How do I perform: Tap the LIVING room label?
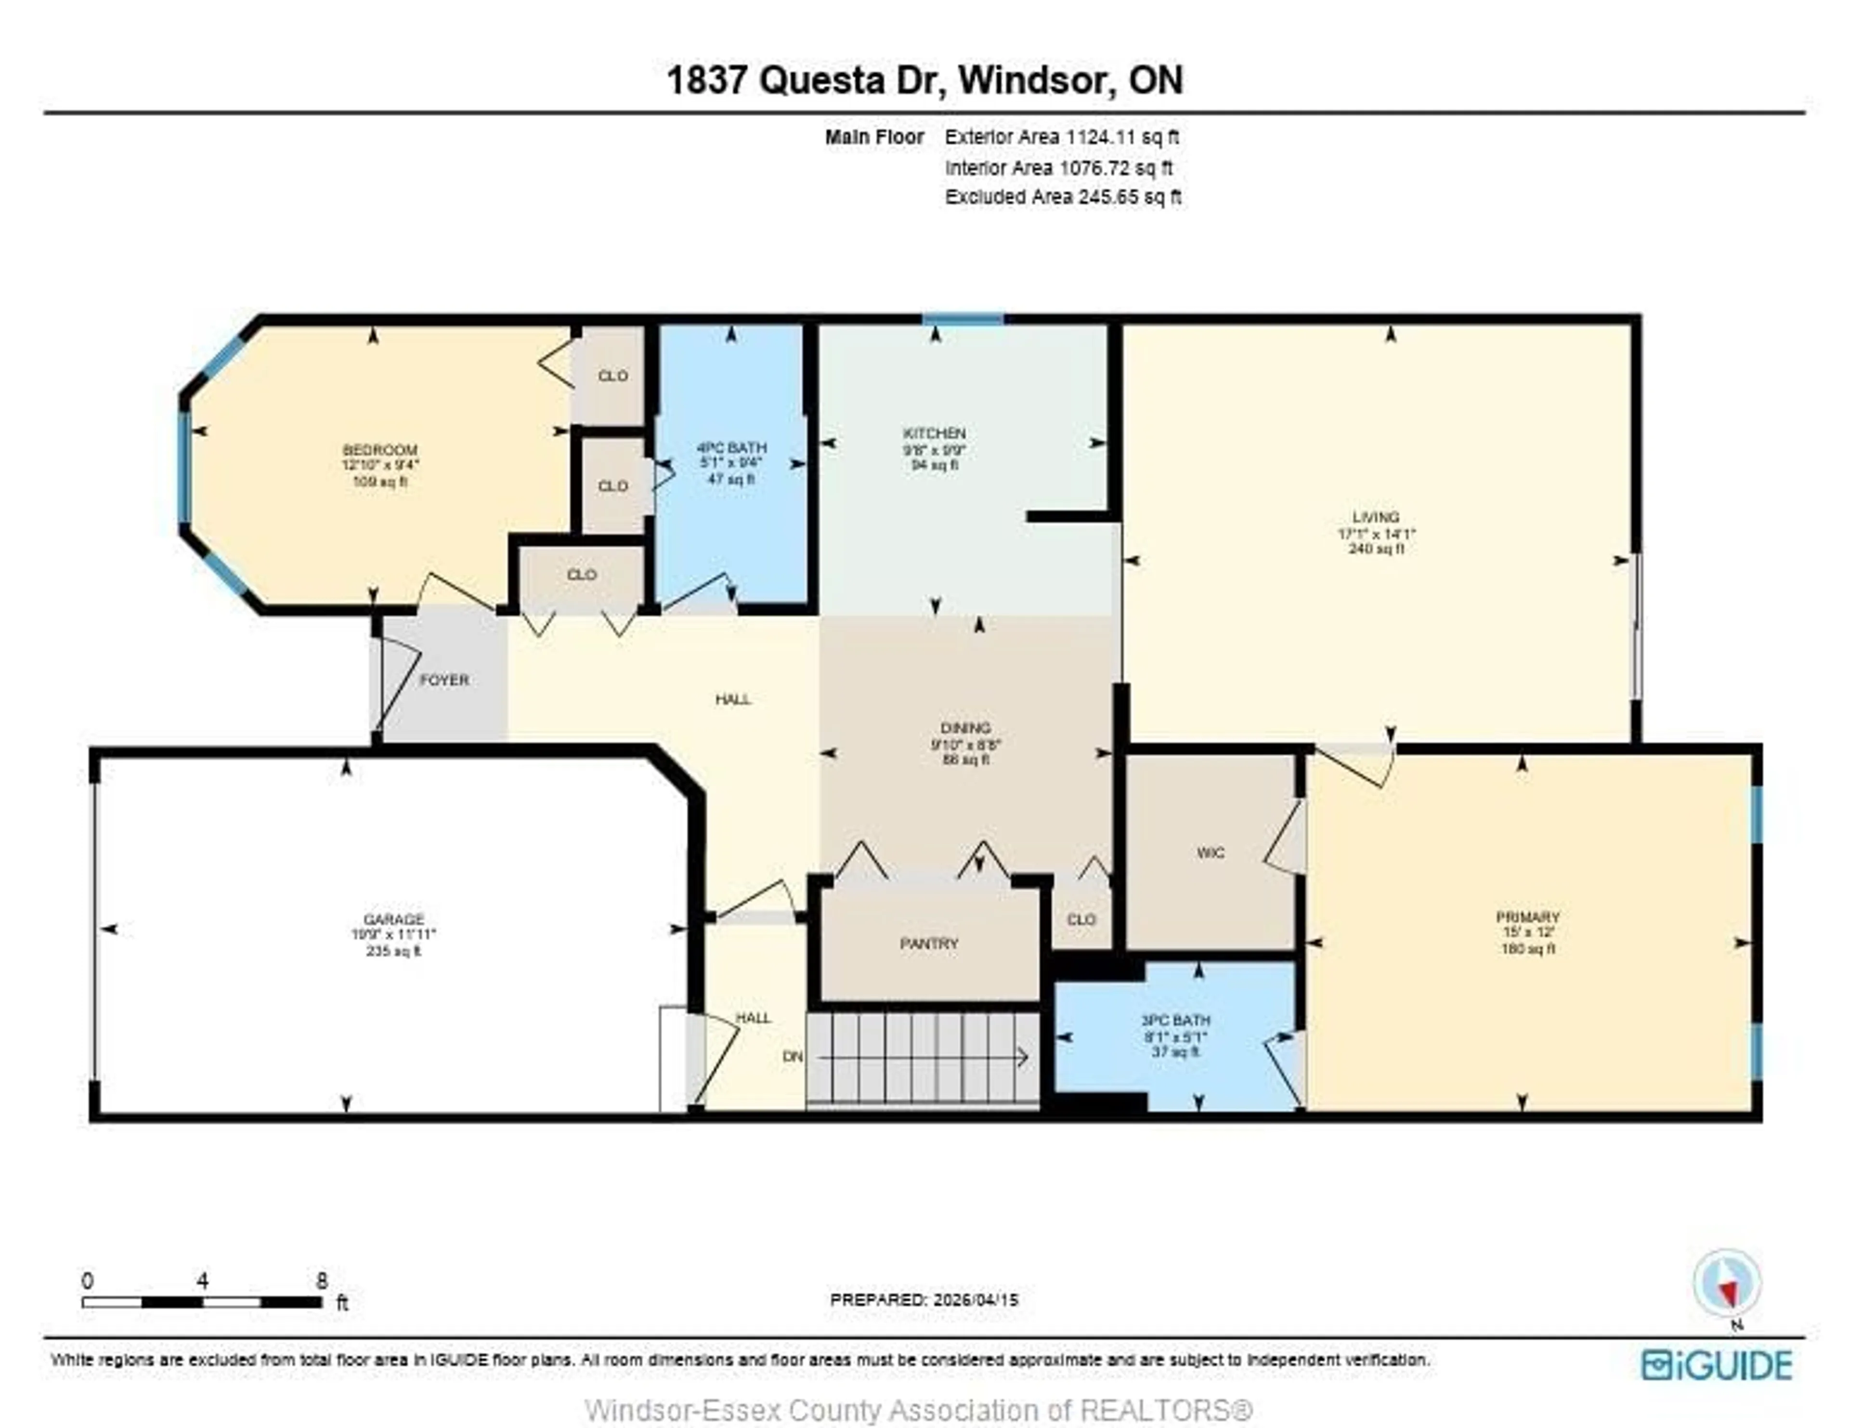[1376, 517]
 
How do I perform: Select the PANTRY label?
[929, 943]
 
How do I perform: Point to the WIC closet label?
[1211, 853]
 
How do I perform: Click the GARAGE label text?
[394, 919]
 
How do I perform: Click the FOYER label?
[444, 680]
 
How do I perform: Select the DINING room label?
[966, 728]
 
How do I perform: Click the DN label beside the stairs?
[793, 1057]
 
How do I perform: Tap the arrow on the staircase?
[923, 1057]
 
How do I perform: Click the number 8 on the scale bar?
[322, 1281]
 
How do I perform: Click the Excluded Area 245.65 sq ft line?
[1063, 197]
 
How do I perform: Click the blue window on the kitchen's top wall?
[963, 319]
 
